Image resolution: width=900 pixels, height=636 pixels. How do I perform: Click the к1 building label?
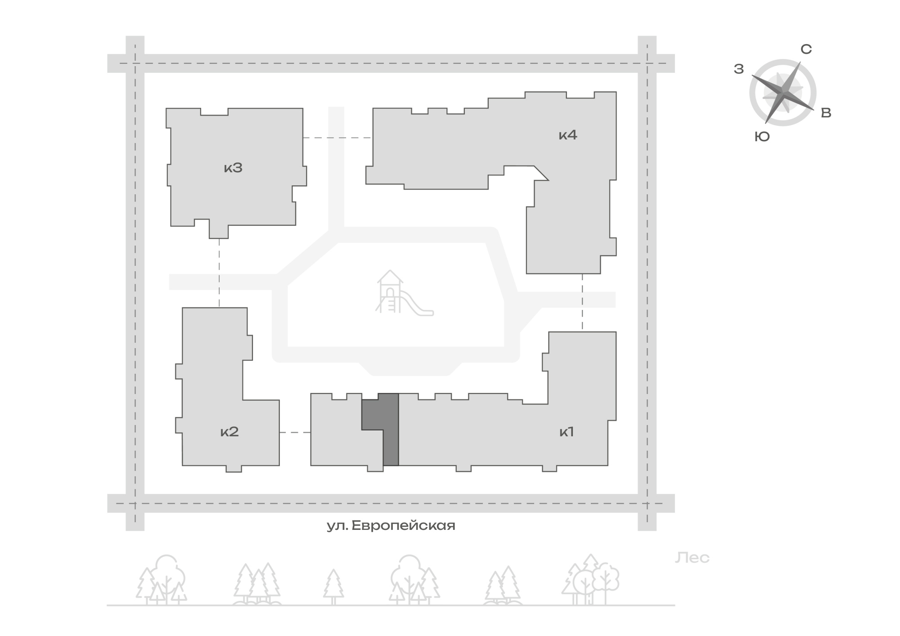pyautogui.click(x=567, y=432)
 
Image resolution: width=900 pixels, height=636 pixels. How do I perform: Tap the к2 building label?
pyautogui.click(x=229, y=432)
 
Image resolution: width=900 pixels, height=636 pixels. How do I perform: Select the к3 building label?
pyautogui.click(x=233, y=168)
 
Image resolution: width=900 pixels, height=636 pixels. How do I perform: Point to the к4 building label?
pyautogui.click(x=568, y=135)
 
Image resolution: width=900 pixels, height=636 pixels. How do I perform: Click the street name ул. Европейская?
pyautogui.click(x=391, y=525)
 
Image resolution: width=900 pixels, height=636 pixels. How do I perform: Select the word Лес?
pyautogui.click(x=692, y=558)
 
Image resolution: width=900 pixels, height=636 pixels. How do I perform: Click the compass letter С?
pyautogui.click(x=806, y=49)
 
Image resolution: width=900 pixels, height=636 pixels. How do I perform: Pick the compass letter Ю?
pyautogui.click(x=762, y=137)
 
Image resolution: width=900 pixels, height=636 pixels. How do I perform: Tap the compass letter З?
pyautogui.click(x=739, y=69)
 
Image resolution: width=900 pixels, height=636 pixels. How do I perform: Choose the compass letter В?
pyautogui.click(x=826, y=113)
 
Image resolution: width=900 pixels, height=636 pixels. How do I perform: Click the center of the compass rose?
pyautogui.click(x=783, y=92)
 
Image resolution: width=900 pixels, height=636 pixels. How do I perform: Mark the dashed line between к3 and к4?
pyautogui.click(x=337, y=138)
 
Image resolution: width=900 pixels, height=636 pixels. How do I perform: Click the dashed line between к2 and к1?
pyautogui.click(x=295, y=432)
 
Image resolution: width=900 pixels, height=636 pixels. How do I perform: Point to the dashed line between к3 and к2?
pyautogui.click(x=219, y=273)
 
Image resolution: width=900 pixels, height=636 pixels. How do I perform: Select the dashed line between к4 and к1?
pyautogui.click(x=582, y=303)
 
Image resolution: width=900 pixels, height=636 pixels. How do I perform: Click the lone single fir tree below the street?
pyautogui.click(x=333, y=587)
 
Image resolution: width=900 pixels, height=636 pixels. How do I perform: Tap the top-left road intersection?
pyautogui.click(x=135, y=63)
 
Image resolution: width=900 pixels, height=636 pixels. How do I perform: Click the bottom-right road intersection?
pyautogui.click(x=647, y=503)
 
